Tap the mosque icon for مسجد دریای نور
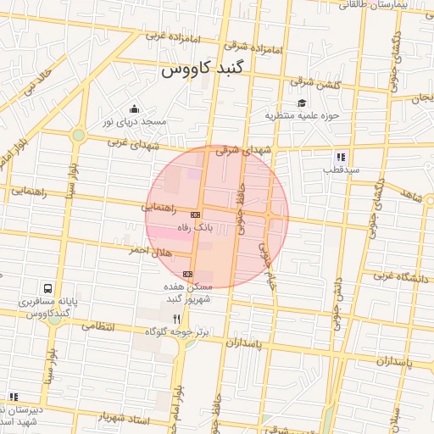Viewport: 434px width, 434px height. pyautogui.click(x=134, y=108)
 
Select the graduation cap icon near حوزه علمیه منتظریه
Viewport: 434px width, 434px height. pyautogui.click(x=302, y=103)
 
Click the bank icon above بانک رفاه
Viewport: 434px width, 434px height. pyautogui.click(x=195, y=215)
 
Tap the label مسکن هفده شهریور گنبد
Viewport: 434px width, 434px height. pyautogui.click(x=195, y=293)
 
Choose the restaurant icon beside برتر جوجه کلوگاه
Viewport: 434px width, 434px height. pyautogui.click(x=176, y=319)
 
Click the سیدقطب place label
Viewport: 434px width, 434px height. pyautogui.click(x=341, y=170)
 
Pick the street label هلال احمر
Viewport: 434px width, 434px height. pyautogui.click(x=150, y=251)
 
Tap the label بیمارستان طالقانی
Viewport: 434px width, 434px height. pyautogui.click(x=398, y=5)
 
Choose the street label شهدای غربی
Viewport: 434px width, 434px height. pyautogui.click(x=134, y=143)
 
